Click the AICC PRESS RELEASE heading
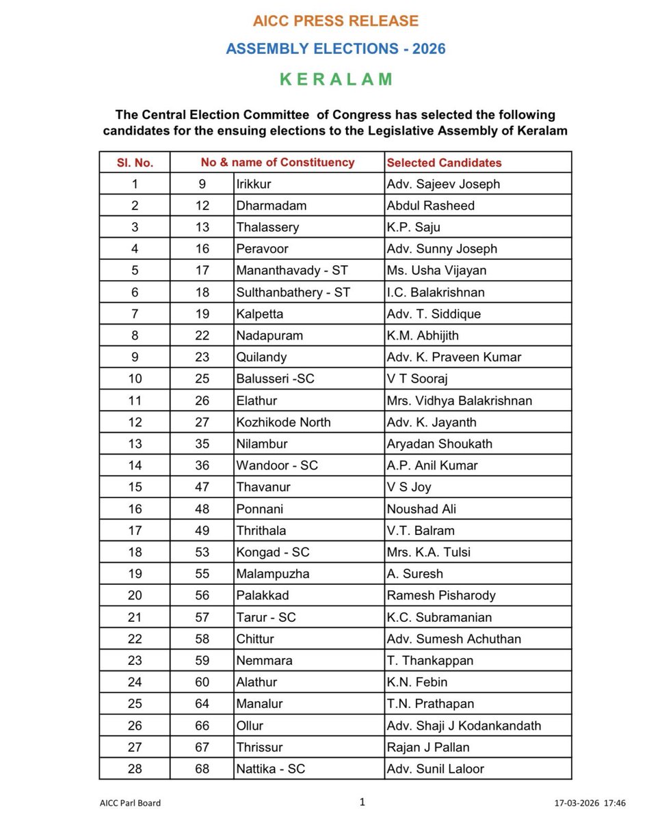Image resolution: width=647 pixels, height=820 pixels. [335, 21]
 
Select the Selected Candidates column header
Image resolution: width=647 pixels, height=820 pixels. [444, 163]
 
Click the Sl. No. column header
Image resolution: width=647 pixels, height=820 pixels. [135, 163]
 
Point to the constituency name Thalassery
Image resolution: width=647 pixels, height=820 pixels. [268, 227]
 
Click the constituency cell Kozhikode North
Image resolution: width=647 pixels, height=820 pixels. [283, 422]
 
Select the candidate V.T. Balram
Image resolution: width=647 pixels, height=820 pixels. [421, 530]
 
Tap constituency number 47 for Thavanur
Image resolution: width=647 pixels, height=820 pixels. [202, 487]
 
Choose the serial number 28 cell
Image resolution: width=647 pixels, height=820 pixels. [135, 769]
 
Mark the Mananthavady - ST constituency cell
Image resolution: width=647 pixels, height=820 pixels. [292, 270]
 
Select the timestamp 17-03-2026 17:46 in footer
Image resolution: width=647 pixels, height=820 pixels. [590, 803]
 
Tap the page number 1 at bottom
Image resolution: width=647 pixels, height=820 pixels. [362, 801]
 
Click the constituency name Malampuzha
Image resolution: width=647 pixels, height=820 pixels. [273, 573]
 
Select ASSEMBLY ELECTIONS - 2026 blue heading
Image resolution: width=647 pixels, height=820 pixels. [335, 49]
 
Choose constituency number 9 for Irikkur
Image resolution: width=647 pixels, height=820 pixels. [202, 184]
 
